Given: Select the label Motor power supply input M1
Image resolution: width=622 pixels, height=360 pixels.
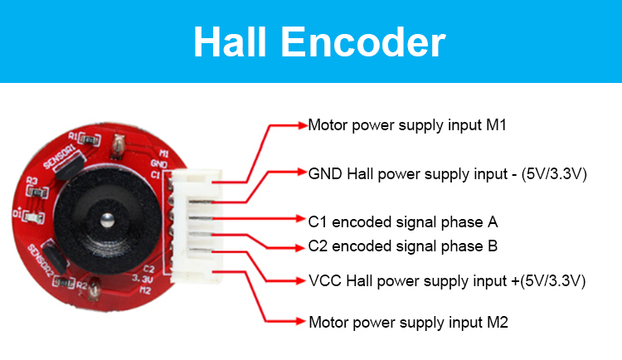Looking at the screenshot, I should click(x=406, y=126).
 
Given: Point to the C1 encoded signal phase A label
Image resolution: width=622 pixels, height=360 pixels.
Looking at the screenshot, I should click(x=402, y=221).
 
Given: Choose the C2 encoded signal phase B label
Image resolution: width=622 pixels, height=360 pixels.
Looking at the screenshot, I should click(x=402, y=246).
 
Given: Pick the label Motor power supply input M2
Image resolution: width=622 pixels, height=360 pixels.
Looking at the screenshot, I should click(x=406, y=321).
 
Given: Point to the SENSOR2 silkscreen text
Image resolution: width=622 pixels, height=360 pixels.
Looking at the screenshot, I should click(x=41, y=260).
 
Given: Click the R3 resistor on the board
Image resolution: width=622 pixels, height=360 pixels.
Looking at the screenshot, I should click(x=34, y=187).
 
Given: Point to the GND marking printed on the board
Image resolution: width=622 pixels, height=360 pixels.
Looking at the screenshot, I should click(x=160, y=163).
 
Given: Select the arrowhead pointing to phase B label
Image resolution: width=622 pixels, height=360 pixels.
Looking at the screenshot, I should click(x=301, y=246).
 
